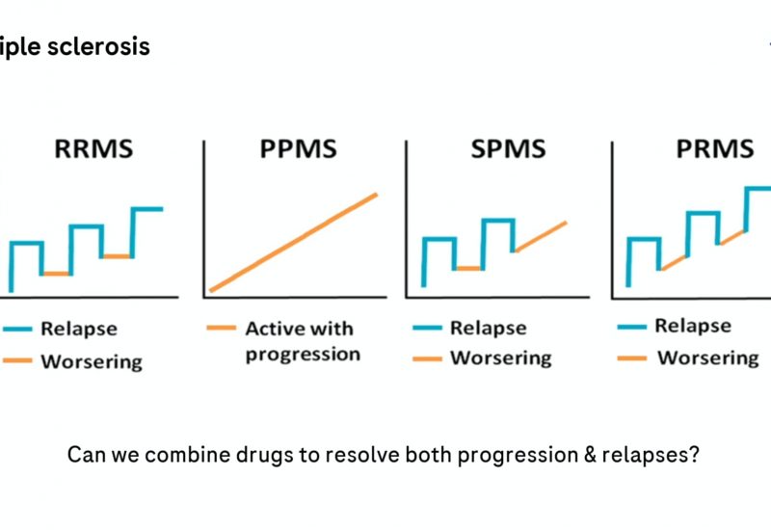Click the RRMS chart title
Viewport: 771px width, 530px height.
93,150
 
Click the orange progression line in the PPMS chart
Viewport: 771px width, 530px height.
294,242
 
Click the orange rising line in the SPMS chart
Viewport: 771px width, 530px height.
541,236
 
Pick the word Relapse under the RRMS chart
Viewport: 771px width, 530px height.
78,329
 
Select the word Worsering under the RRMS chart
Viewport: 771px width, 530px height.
91,362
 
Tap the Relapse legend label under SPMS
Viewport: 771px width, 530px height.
488,329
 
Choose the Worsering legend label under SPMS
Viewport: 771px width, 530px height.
500,358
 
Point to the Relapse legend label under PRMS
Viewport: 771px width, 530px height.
693,326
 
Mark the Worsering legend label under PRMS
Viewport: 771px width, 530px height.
707,358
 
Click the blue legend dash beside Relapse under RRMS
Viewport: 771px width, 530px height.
18,330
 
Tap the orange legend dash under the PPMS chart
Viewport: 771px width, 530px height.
221,329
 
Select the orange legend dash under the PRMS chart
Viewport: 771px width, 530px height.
632,358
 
